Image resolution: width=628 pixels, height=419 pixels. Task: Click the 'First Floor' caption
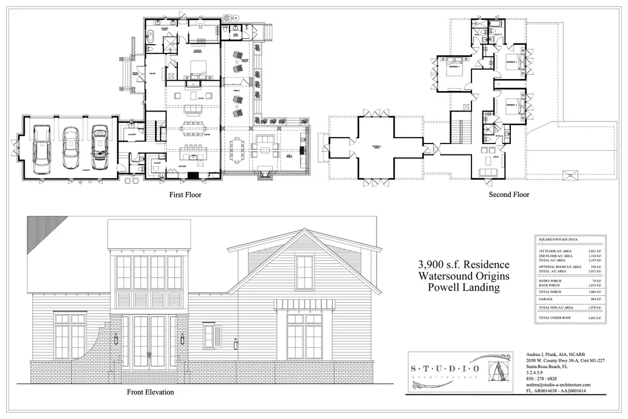pyautogui.click(x=185, y=195)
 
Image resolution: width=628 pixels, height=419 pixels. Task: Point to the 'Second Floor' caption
pyautogui.click(x=509, y=194)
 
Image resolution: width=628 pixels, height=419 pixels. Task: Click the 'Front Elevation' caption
pyautogui.click(x=150, y=392)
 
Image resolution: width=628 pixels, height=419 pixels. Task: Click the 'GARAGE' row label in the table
pyautogui.click(x=546, y=299)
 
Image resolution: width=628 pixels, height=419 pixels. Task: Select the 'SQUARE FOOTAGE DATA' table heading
pyautogui.click(x=557, y=239)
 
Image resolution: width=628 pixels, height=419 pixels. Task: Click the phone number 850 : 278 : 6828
pyautogui.click(x=542, y=378)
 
